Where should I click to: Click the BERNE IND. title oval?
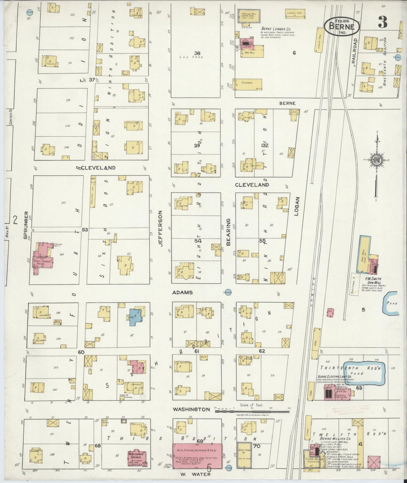342,27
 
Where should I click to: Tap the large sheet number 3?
382,23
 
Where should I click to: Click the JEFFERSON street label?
161,229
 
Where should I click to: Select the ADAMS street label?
183,293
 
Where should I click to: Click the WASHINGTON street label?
192,409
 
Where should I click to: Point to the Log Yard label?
187,57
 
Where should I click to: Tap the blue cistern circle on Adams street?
228,292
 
